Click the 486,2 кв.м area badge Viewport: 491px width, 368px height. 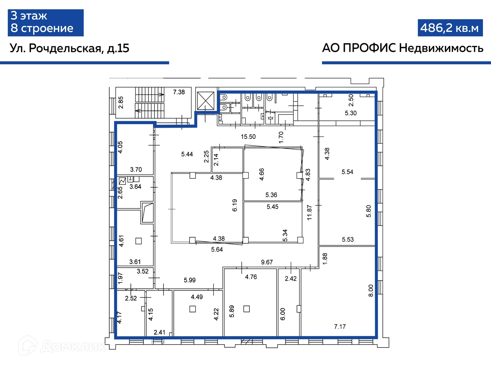[x=450, y=28]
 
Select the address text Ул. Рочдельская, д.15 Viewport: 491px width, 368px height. [x=69, y=48]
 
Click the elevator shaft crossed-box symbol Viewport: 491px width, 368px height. [x=205, y=101]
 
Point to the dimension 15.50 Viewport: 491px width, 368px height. [x=248, y=136]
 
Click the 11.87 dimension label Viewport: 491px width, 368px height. [x=309, y=212]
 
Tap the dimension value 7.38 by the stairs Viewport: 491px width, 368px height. [x=179, y=92]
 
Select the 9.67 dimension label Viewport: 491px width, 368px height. [x=267, y=262]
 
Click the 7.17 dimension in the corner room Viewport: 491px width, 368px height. [x=340, y=327]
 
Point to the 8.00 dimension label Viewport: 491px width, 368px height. [x=371, y=291]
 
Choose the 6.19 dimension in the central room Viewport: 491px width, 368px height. [x=234, y=205]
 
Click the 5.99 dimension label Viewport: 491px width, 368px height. [x=190, y=280]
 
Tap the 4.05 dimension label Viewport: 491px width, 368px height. [x=120, y=147]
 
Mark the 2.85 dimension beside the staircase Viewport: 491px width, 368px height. [x=120, y=102]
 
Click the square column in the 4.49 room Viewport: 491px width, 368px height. [x=193, y=309]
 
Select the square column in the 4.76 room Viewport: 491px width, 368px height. [x=246, y=309]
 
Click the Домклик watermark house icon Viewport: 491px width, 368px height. [x=28, y=345]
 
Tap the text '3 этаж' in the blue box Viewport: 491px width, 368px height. [x=29, y=16]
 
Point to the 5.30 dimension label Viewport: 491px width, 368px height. [x=351, y=113]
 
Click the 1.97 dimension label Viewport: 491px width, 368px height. [x=120, y=278]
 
